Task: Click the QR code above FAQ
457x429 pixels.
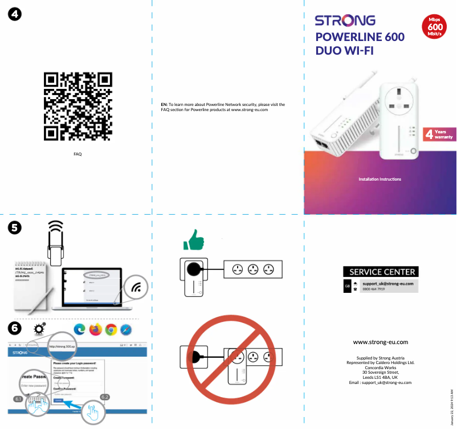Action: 77,107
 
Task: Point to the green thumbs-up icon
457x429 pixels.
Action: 193,240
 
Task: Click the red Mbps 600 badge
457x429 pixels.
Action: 436,27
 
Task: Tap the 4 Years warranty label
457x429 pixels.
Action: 439,134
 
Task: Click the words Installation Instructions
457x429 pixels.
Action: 380,179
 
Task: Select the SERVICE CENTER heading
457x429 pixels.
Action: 381,272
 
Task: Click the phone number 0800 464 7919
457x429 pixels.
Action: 374,289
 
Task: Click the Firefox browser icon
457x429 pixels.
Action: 95,329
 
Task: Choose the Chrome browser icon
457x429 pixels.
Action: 111,329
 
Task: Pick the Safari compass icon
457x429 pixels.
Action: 126,329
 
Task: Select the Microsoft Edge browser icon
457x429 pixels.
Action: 79,329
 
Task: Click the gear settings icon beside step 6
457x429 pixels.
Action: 40,329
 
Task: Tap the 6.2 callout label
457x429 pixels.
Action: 105,397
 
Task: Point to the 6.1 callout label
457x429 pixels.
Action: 18,398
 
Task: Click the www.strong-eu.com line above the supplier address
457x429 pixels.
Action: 381,342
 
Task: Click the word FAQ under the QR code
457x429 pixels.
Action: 77,154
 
